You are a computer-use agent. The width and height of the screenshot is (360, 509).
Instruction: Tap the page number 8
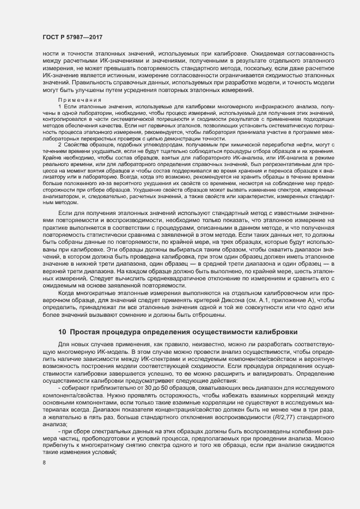44,463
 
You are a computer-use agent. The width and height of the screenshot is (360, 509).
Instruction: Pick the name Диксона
252,300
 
